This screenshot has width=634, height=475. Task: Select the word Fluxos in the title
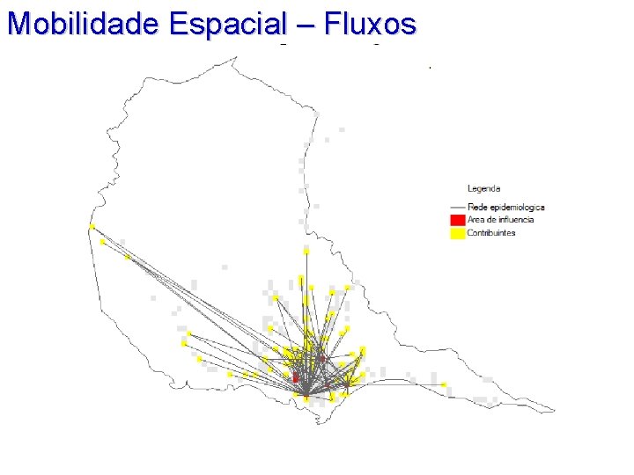pyautogui.click(x=369, y=24)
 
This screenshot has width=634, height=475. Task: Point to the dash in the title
pyautogui.click(x=308, y=25)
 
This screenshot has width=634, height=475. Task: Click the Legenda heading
pyautogui.click(x=483, y=188)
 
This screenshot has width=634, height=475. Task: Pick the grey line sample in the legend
pyautogui.click(x=456, y=207)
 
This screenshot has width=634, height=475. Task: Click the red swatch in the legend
pyautogui.click(x=456, y=220)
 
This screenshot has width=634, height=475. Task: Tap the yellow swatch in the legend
pyautogui.click(x=456, y=233)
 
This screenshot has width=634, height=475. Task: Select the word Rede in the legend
pyautogui.click(x=476, y=207)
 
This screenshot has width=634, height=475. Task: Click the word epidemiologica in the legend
pyautogui.click(x=516, y=207)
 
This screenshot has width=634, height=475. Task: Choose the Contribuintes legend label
pyautogui.click(x=491, y=233)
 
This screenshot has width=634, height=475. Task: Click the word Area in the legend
pyautogui.click(x=475, y=220)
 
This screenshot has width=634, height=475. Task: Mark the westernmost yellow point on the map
pyautogui.click(x=92, y=227)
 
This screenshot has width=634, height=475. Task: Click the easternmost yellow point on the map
pyautogui.click(x=444, y=384)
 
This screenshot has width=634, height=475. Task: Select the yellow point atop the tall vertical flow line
pyautogui.click(x=306, y=250)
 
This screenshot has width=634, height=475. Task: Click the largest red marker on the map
pyautogui.click(x=296, y=376)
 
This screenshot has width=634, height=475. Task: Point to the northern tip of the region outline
pyautogui.click(x=235, y=57)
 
